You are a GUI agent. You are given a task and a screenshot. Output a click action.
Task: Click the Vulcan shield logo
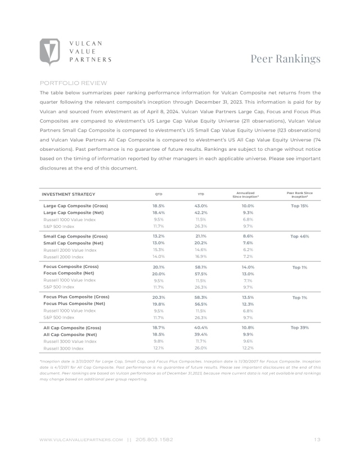50,52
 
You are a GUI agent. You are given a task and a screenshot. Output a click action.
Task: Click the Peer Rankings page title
285,59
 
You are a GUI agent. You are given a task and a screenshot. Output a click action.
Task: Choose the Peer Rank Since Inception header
299,195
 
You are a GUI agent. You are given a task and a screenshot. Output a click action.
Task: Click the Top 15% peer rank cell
299,206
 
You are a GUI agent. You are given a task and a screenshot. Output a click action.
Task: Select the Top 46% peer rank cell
299,236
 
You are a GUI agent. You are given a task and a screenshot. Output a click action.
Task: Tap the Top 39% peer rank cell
299,327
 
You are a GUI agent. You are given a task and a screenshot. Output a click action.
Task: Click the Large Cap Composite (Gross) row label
75,206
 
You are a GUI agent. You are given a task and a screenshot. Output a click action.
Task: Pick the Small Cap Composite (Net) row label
74,243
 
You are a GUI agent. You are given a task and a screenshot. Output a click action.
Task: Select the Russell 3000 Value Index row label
70,341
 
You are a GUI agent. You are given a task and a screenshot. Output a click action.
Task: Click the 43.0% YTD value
201,206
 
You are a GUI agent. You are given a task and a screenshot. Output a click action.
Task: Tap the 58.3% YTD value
201,297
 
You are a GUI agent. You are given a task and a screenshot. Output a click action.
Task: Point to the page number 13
317,439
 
